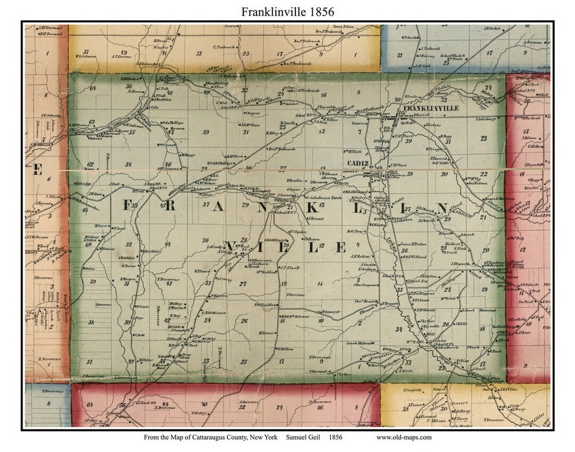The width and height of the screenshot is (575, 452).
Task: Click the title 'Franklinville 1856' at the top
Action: tap(287, 11)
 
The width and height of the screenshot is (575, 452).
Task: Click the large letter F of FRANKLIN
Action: tap(128, 206)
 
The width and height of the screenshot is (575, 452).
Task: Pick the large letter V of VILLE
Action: tap(233, 246)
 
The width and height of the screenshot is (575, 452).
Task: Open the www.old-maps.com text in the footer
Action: tap(404, 438)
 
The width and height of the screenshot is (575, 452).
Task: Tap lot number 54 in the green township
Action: tap(128, 165)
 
